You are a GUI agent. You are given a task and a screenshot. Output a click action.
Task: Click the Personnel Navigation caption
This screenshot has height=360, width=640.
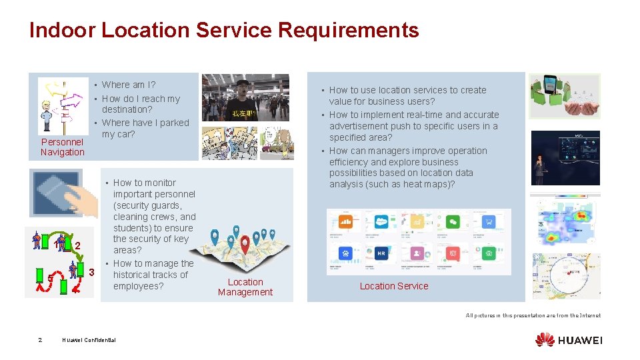coord(62,147)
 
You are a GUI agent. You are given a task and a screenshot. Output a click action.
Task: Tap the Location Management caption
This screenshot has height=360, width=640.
coord(245,287)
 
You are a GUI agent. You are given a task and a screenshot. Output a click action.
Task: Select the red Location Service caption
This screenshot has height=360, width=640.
coord(394,286)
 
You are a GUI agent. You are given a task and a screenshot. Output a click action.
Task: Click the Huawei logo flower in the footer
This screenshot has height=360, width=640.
coord(545,339)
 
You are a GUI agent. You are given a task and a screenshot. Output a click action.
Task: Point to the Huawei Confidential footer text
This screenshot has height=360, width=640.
coord(89,340)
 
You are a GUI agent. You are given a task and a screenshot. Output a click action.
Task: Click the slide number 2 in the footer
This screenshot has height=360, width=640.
coord(40,340)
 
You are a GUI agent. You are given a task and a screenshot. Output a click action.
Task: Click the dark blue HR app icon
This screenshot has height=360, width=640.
coord(381,253)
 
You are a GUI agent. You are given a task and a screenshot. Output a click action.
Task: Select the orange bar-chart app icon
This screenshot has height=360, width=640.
coord(345,222)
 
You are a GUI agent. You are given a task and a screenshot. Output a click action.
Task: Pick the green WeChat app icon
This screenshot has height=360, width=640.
coord(453,222)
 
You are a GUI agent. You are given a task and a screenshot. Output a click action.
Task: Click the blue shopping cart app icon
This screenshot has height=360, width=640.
coord(489,222)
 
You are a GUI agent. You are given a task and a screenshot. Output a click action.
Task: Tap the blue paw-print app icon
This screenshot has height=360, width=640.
coord(345,253)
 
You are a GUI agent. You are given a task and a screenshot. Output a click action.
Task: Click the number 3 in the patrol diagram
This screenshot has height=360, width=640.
coord(91,272)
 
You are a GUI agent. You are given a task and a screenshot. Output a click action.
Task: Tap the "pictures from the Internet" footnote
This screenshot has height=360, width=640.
coord(533,315)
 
